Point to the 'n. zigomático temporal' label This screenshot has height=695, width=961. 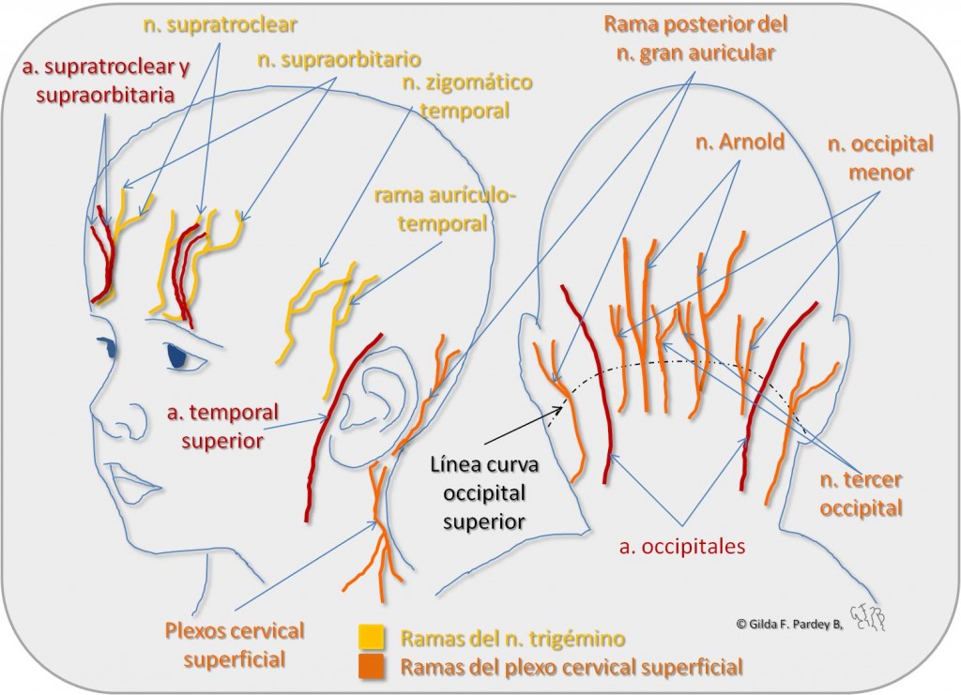tap(456, 98)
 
